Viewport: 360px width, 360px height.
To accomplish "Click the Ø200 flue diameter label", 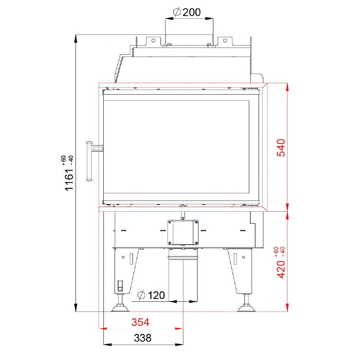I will point(187,12).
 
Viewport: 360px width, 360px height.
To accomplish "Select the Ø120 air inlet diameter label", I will point(151,295).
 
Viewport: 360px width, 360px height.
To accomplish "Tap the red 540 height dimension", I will point(281,148).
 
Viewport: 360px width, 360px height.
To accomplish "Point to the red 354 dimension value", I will point(140,322).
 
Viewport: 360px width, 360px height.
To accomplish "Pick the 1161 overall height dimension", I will point(69,180).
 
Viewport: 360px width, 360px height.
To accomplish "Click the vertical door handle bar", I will point(89,161).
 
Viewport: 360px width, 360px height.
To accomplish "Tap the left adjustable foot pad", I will point(120,309).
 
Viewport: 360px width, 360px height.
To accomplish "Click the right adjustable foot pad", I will point(247,309).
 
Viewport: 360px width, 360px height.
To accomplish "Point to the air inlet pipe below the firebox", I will point(183,278).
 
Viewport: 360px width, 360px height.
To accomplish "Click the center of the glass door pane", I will point(176,147).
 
